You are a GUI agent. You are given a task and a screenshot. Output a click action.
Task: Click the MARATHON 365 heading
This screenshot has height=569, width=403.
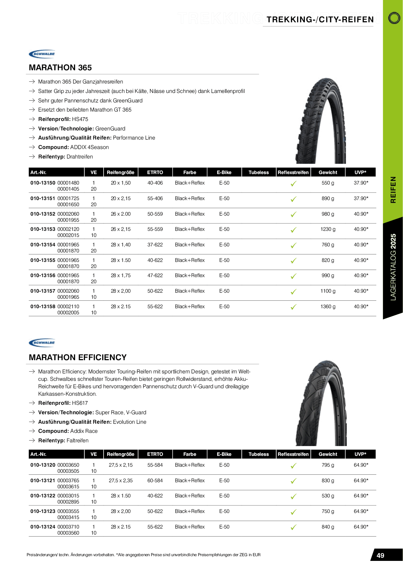60,68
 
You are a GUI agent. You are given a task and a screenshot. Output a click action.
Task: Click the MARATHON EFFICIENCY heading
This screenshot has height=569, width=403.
77,357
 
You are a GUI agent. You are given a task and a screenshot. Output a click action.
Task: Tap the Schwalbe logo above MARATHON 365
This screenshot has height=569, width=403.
42,54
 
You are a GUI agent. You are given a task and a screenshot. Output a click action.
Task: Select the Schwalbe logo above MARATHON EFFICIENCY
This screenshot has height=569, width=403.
42,343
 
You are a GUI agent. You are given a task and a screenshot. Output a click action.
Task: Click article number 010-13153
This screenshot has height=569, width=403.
43,229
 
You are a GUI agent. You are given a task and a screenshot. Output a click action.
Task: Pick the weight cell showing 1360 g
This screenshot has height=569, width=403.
328,306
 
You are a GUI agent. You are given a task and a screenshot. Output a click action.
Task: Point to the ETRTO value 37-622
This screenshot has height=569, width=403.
155,245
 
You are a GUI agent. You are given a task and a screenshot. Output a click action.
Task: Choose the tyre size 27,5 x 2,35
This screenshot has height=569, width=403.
120,480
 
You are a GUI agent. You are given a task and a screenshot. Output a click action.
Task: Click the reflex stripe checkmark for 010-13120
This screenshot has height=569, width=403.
293,466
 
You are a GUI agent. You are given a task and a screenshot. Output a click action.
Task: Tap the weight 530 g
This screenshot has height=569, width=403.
328,496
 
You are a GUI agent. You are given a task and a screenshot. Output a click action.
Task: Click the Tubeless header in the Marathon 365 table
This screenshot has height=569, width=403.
259,172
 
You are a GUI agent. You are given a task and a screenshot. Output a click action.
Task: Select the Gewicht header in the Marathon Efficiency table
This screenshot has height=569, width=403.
328,454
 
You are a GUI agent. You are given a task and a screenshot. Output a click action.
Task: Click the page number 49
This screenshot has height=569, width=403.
380,555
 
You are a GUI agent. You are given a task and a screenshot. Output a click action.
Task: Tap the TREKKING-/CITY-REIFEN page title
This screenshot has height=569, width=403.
320,20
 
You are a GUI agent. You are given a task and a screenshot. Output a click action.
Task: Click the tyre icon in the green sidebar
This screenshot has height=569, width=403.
394,18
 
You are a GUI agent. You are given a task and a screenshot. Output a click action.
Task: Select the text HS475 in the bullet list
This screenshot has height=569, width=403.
80,119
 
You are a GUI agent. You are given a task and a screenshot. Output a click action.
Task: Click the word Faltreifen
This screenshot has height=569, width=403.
77,441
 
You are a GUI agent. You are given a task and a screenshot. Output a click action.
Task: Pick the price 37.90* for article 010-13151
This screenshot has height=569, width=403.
361,198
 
